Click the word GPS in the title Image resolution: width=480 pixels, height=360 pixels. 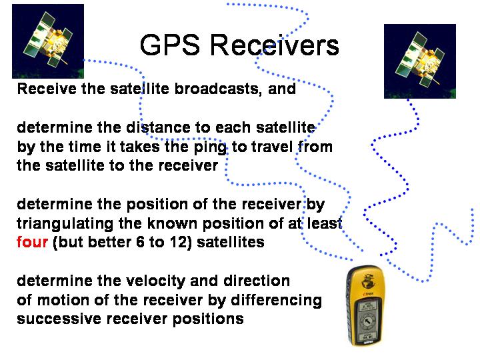(x=170, y=45)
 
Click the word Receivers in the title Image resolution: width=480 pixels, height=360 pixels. (x=275, y=45)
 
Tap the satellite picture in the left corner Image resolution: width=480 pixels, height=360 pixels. (x=48, y=41)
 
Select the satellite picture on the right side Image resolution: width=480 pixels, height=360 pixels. (x=420, y=61)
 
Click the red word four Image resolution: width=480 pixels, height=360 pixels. (x=32, y=242)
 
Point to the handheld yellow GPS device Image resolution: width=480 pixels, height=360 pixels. (x=365, y=305)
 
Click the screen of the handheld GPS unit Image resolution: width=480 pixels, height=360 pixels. (x=367, y=320)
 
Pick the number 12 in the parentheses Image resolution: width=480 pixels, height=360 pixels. (x=180, y=242)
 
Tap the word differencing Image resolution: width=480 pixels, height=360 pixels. (x=276, y=301)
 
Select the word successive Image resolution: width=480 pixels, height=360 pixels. (x=59, y=319)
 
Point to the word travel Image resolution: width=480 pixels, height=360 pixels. (x=271, y=147)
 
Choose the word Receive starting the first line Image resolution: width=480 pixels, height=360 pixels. (x=47, y=89)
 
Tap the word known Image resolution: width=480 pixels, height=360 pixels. (x=173, y=223)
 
